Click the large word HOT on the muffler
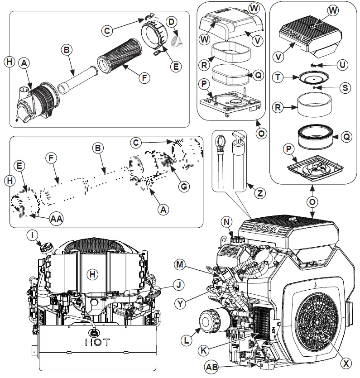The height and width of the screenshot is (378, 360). point(97,342)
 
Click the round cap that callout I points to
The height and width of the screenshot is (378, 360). point(47,248)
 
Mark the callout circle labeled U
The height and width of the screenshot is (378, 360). point(343,65)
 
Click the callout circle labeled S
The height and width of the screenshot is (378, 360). point(346,87)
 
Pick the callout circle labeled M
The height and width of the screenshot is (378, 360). point(180,264)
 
